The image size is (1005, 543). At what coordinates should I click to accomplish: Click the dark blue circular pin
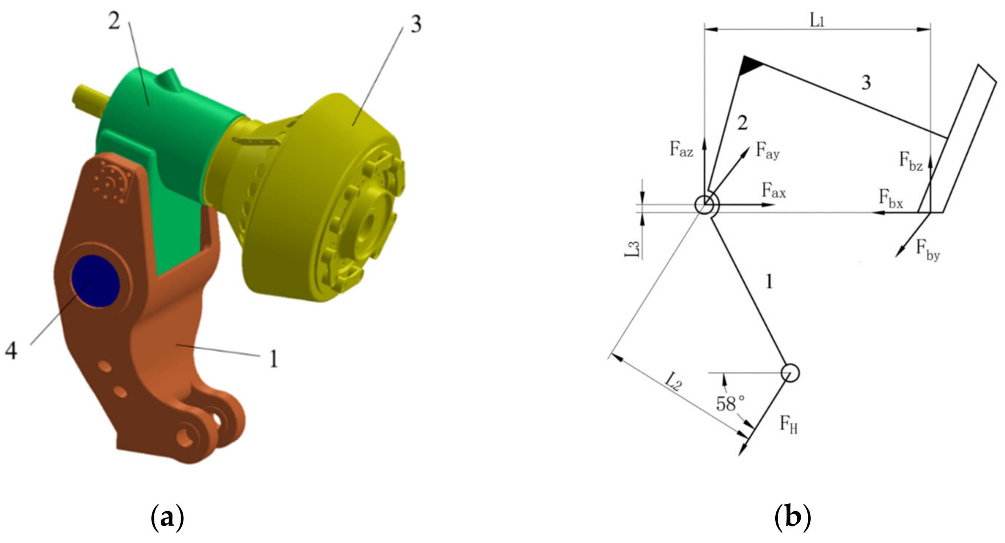click(x=95, y=281)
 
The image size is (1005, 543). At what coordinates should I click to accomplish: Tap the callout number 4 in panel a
click(x=11, y=351)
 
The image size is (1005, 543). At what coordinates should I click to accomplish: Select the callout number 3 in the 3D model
click(x=416, y=24)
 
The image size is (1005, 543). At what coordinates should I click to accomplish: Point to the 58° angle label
click(x=730, y=404)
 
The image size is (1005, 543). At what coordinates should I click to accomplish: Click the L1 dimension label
click(x=817, y=21)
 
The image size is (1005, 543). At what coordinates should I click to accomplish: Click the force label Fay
click(x=768, y=151)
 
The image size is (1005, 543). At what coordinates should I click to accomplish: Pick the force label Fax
click(x=774, y=191)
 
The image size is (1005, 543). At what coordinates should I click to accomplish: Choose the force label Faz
click(x=681, y=149)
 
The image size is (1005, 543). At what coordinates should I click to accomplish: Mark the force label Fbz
click(x=910, y=161)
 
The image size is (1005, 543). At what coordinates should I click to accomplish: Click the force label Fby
click(x=928, y=250)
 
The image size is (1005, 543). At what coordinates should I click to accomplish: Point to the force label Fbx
click(x=891, y=198)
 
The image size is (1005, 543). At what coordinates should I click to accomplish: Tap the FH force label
click(x=789, y=424)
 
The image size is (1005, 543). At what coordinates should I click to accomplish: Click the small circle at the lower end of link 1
click(x=790, y=373)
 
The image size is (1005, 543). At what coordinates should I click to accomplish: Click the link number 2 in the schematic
click(x=742, y=123)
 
